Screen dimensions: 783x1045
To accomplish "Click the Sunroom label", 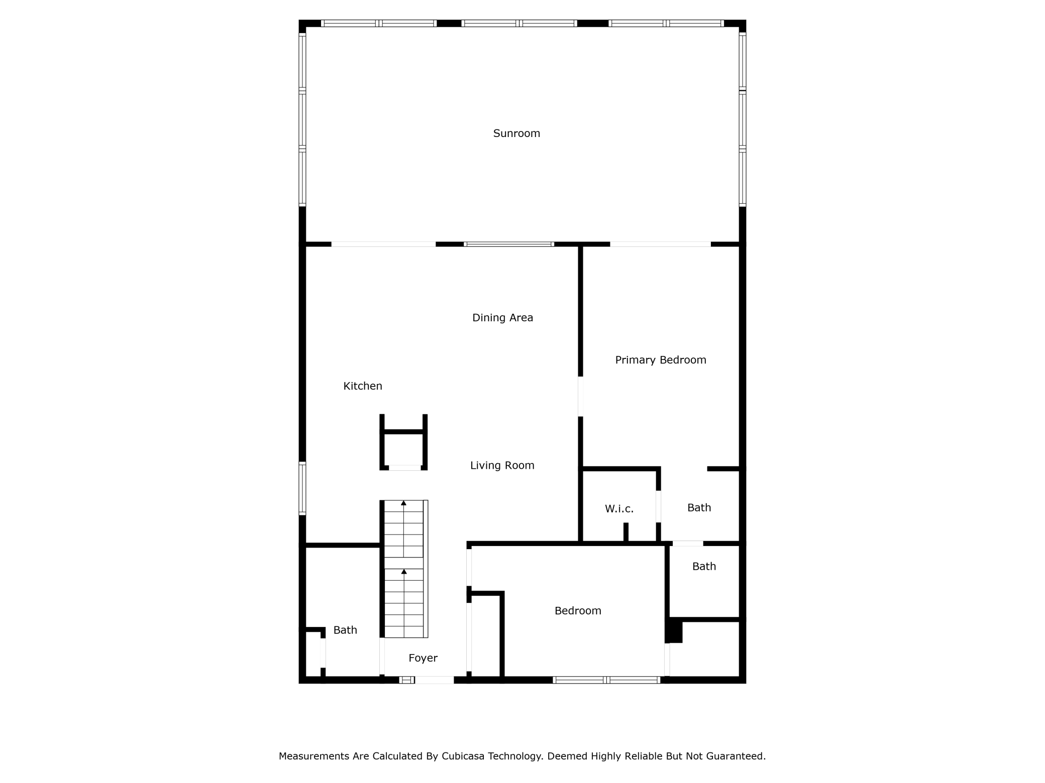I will coord(516,134).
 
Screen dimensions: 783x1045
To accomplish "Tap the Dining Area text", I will coord(502,318).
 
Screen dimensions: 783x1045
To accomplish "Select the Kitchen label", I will coord(363,386).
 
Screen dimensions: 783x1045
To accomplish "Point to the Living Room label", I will coord(502,465).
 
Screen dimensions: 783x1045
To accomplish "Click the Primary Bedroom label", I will coord(661,360).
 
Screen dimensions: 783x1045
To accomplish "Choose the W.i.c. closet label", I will coord(619,509).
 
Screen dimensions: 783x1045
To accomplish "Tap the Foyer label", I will coord(423,658).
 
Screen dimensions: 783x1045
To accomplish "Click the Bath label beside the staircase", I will coord(345,630).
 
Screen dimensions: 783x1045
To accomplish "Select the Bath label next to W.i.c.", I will coord(699,507).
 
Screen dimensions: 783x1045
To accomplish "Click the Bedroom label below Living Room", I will coord(578,611).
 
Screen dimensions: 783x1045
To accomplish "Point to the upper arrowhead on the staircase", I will coord(403,503).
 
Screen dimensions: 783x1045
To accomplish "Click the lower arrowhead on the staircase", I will coord(403,572).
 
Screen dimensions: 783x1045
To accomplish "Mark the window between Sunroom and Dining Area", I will coord(508,244).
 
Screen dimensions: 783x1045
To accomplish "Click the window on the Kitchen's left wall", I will coord(302,488).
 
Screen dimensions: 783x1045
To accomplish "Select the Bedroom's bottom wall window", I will coord(606,680).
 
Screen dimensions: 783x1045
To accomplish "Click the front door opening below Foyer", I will coord(434,680).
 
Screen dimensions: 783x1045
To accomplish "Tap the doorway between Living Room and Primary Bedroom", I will coord(580,397).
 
